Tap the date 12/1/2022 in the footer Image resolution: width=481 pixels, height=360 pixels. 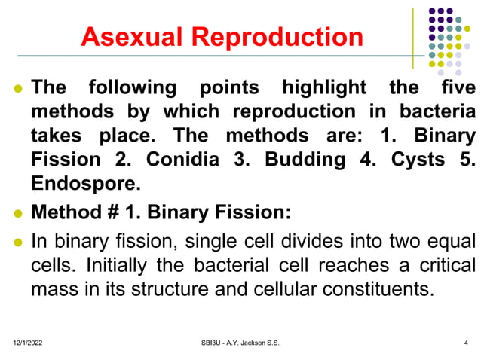pos(28,343)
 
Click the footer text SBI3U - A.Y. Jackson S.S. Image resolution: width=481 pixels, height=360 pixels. pos(236,343)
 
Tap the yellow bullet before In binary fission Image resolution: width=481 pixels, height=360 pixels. pos(17,243)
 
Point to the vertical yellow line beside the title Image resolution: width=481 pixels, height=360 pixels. pos(412,38)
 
